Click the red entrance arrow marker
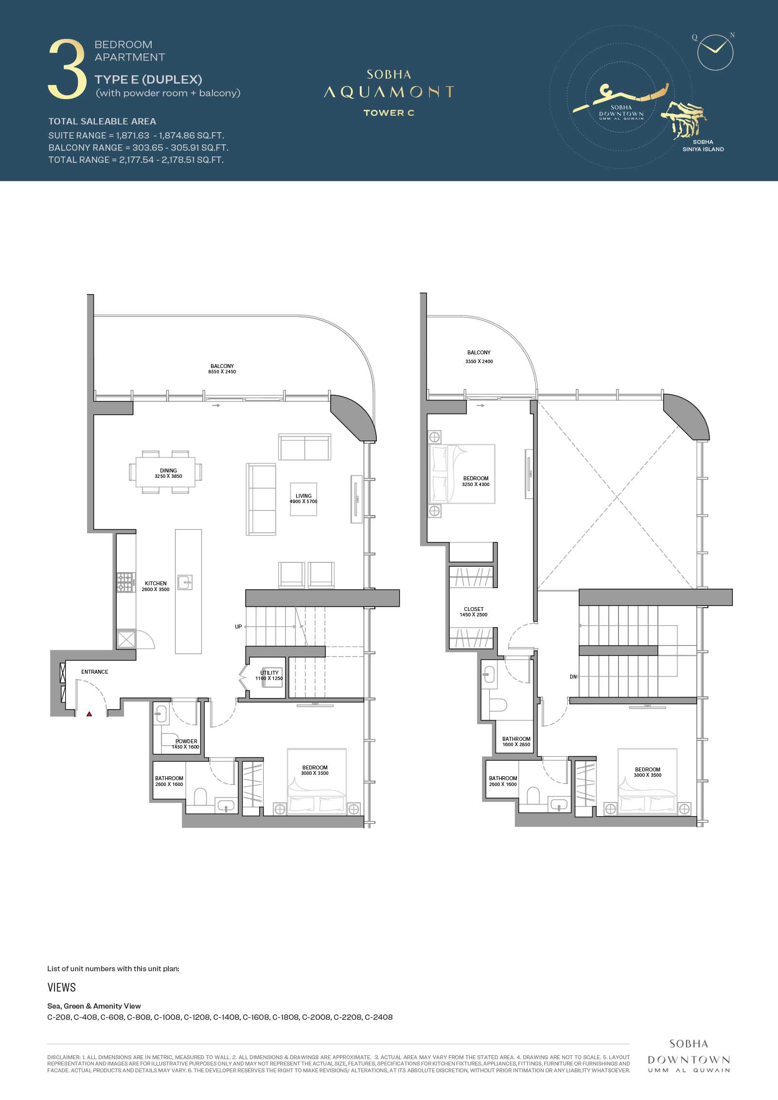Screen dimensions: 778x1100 coord(89,714)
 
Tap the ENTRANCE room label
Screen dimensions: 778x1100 coord(95,672)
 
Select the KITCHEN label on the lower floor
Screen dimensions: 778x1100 coord(156,583)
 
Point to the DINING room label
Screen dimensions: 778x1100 coord(168,471)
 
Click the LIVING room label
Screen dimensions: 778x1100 coord(303,496)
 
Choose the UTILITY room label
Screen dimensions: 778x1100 coord(269,673)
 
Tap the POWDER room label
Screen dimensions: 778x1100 coord(186,741)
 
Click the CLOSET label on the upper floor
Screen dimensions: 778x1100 coord(474,609)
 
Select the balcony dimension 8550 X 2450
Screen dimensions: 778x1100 coord(222,372)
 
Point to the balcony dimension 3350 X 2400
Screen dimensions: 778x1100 coord(479,361)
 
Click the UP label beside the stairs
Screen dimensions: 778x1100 coord(238,627)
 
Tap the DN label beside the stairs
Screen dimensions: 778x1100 coord(573,677)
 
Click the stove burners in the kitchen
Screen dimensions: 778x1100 coord(125,582)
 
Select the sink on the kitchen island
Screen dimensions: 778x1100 coord(185,582)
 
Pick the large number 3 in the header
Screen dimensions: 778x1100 coord(67,70)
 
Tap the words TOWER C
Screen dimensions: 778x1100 coord(389,113)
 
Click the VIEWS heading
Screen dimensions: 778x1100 coord(62,987)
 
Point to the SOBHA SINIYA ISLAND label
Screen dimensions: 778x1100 coord(703,146)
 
